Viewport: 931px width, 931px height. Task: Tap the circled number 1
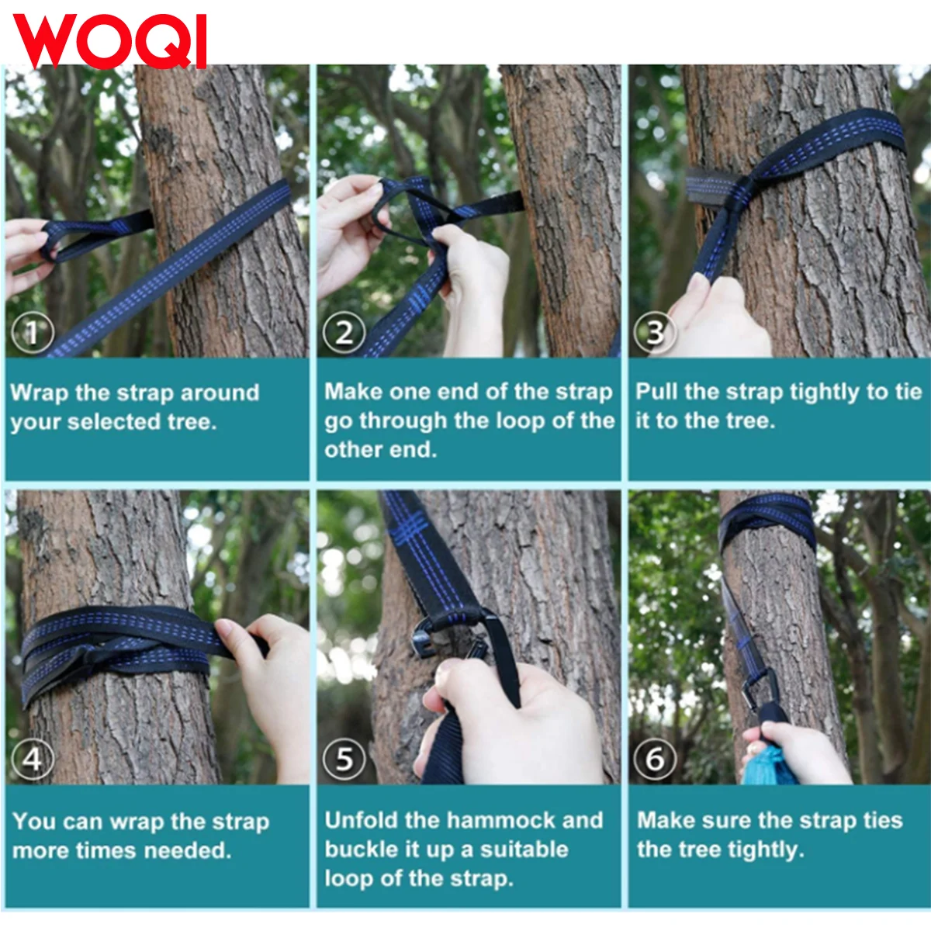point(33,332)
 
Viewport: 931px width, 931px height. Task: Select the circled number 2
point(344,332)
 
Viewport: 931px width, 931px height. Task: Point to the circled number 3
point(655,332)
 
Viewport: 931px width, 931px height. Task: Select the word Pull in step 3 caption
point(656,392)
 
